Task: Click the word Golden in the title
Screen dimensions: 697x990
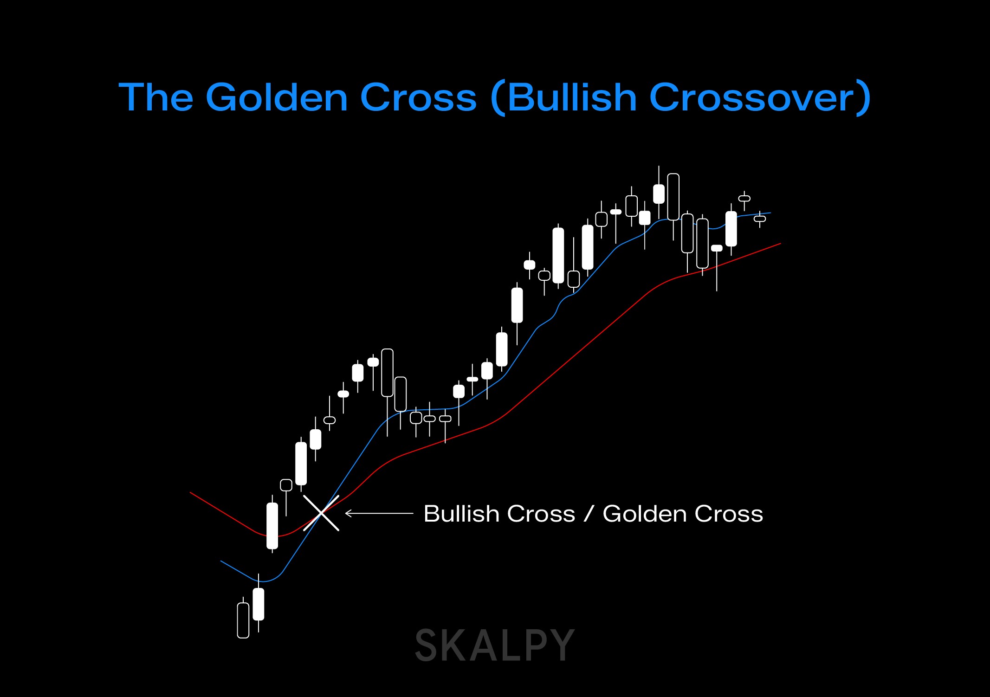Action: [277, 97]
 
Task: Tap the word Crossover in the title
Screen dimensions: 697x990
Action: [751, 97]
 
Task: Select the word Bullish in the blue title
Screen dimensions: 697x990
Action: [572, 97]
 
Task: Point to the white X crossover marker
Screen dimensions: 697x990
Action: [321, 513]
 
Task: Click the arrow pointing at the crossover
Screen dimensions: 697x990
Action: [379, 513]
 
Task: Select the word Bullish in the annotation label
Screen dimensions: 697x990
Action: [499, 514]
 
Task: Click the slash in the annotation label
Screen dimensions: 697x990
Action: [589, 514]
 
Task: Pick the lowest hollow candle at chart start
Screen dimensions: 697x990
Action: [243, 620]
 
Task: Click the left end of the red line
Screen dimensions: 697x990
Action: [191, 493]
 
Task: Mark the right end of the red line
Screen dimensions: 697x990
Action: [780, 244]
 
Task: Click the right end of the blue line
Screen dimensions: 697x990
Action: [770, 213]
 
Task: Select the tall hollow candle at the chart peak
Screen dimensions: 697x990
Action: [673, 197]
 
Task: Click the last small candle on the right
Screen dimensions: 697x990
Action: [760, 219]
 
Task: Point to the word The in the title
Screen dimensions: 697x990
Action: [156, 97]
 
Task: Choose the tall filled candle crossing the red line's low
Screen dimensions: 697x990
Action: [272, 526]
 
